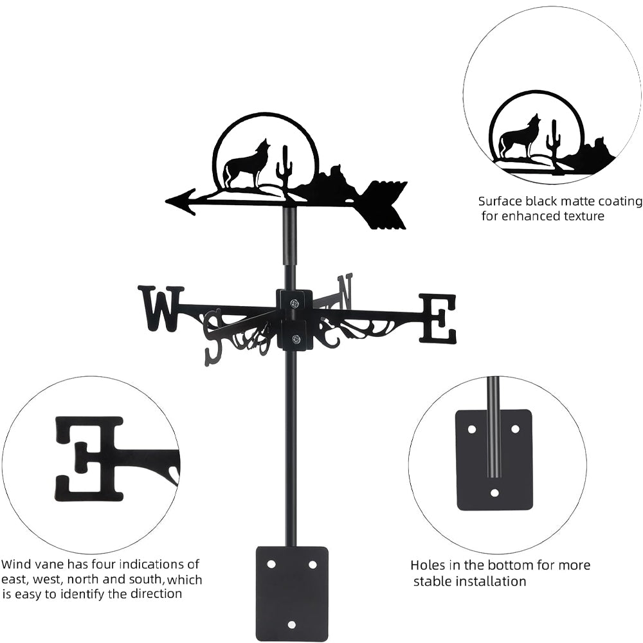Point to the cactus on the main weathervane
(284, 168)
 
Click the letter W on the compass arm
(161, 308)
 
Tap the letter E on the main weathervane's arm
(438, 318)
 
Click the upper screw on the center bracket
(294, 303)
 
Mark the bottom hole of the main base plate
(292, 624)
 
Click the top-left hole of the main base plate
(271, 564)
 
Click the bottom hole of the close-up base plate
(494, 493)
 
